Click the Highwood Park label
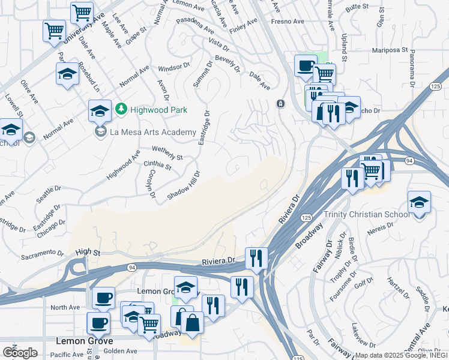[x=159, y=110]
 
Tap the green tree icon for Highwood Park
[x=121, y=109]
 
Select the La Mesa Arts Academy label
[x=153, y=132]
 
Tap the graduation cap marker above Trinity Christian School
[x=418, y=203]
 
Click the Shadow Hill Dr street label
[x=184, y=185]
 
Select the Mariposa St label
[x=390, y=51]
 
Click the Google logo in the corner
[x=20, y=352]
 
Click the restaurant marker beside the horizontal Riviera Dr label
[x=257, y=258]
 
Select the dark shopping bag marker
[x=193, y=323]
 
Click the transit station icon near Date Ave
[x=280, y=104]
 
